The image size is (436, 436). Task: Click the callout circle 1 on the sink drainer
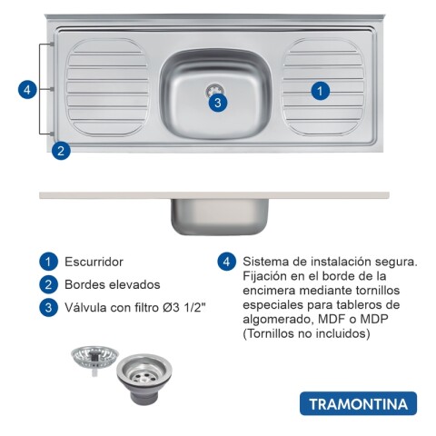[320, 90]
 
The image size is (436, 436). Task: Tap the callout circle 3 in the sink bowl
[216, 103]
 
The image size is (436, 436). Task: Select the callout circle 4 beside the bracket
[28, 89]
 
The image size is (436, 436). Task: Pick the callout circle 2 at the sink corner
[60, 151]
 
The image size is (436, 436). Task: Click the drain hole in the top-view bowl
[215, 88]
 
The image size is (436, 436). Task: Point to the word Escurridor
[94, 262]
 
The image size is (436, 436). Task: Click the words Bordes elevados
[112, 284]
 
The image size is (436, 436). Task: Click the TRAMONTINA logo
[357, 403]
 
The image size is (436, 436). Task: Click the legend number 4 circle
[227, 262]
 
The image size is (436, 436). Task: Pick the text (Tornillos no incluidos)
[306, 333]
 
